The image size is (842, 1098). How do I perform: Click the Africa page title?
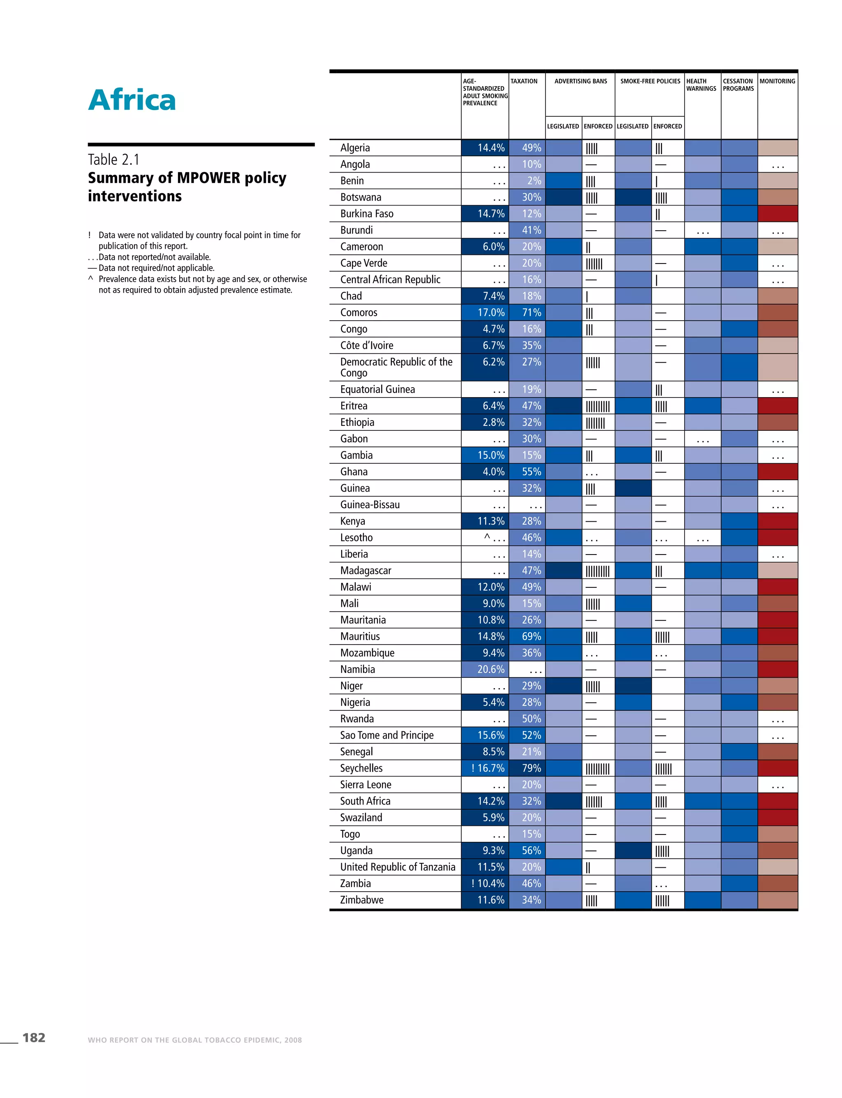point(132,100)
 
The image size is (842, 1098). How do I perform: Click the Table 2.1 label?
point(114,160)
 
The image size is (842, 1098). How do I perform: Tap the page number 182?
point(34,1037)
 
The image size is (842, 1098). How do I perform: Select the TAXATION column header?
point(524,81)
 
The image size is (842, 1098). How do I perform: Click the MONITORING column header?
point(777,81)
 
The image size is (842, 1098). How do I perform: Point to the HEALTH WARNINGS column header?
point(701,85)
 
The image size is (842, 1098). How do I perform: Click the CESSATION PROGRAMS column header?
point(738,85)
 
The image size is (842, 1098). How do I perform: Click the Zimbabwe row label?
point(361,899)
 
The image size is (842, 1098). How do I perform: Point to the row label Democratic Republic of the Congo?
point(396,367)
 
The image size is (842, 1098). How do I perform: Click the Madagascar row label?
point(365,570)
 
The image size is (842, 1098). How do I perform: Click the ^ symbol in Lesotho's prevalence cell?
point(487,537)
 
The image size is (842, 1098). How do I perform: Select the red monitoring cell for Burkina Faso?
point(777,213)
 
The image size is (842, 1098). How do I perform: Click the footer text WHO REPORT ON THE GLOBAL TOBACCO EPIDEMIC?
point(194,1040)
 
